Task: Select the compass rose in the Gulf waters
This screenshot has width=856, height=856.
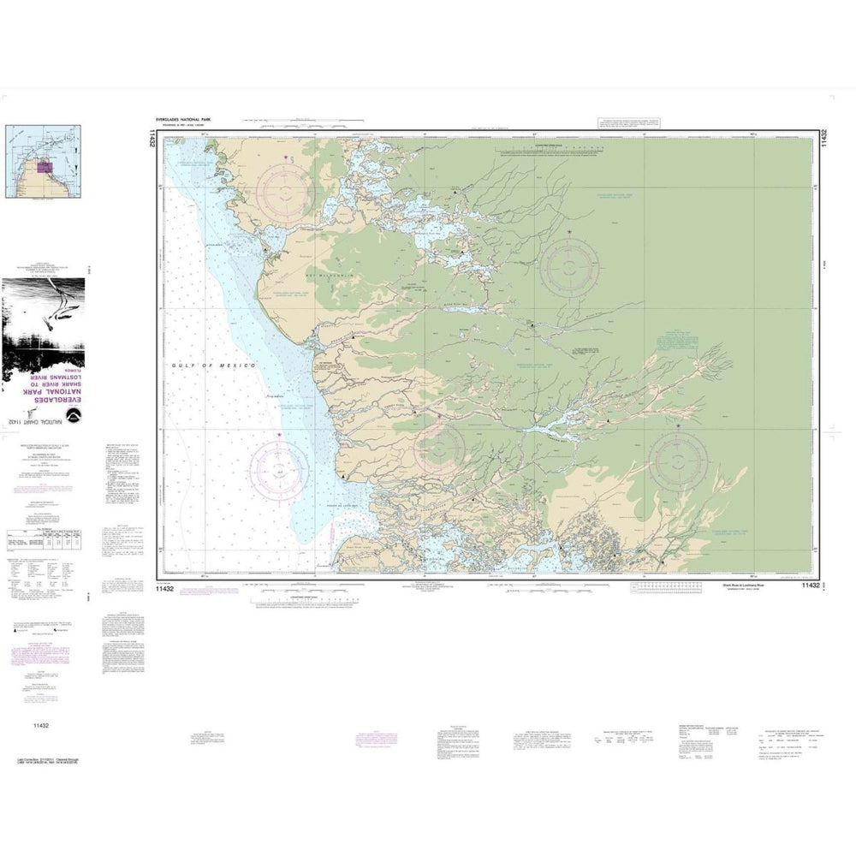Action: coord(280,469)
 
